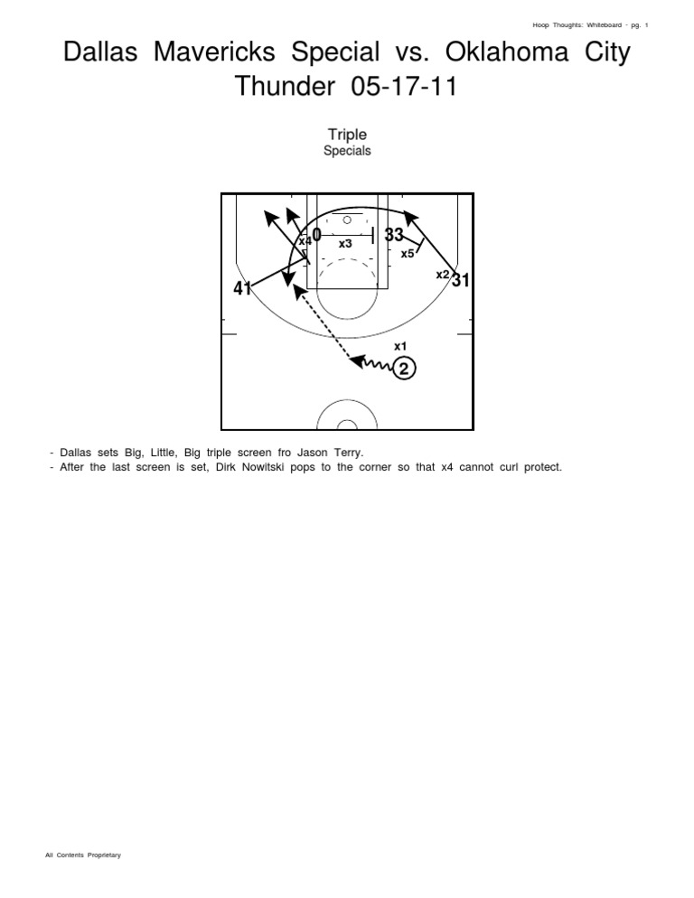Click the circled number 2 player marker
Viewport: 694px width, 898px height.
pos(405,369)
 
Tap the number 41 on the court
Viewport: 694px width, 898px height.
pos(242,289)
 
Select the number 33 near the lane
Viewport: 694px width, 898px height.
pos(394,235)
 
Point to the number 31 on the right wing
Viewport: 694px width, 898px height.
pos(461,280)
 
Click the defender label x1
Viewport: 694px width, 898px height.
pos(400,346)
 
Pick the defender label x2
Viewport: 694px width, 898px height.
pos(443,274)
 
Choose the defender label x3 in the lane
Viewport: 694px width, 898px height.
pos(345,244)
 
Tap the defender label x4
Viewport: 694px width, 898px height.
pos(305,241)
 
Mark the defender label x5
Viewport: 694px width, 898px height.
pos(408,254)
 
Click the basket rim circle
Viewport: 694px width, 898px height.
pos(347,220)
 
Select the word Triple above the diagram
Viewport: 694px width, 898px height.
pos(347,135)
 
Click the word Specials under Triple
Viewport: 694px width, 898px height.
pos(347,151)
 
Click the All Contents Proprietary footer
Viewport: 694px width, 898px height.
pos(83,855)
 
